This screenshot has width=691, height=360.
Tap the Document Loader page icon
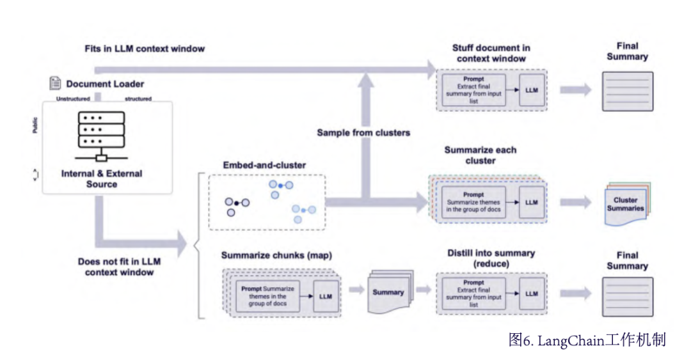(55, 83)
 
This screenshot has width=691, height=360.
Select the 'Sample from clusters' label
(363, 132)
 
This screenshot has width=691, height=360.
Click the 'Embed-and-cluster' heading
(264, 165)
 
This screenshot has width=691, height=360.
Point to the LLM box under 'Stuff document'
(531, 90)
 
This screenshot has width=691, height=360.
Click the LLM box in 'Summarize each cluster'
(532, 202)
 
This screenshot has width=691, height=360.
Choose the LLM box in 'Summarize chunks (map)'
(326, 297)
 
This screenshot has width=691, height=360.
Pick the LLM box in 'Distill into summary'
(531, 293)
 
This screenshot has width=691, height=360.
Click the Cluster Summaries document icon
(624, 205)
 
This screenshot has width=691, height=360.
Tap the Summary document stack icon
(388, 293)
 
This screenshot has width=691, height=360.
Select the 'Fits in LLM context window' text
(145, 49)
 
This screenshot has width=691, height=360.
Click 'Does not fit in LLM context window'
(119, 267)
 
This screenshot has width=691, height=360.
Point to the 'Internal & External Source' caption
(102, 178)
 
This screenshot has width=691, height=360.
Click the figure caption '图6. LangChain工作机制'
(587, 340)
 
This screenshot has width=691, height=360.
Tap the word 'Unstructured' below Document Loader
(73, 99)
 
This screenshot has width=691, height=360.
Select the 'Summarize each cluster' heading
(480, 155)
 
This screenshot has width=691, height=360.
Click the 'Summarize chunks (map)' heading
(276, 256)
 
